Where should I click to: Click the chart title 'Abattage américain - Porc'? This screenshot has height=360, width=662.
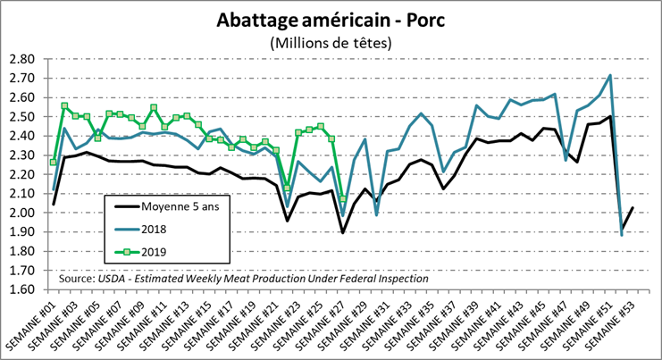pos(331,20)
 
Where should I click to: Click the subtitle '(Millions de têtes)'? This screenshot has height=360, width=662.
pos(331,42)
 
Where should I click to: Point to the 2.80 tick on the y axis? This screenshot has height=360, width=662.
pos(21,59)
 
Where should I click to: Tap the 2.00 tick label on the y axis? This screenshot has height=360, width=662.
pos(21,213)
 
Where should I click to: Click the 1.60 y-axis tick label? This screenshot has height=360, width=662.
pos(21,289)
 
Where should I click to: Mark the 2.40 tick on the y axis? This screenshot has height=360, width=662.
pos(21,136)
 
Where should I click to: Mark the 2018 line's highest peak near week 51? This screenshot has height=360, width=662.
pos(609,75)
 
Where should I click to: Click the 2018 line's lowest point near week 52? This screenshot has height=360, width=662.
pos(621,235)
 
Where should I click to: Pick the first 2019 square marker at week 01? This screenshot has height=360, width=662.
pos(54,162)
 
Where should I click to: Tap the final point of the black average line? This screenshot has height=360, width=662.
pos(632,207)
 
